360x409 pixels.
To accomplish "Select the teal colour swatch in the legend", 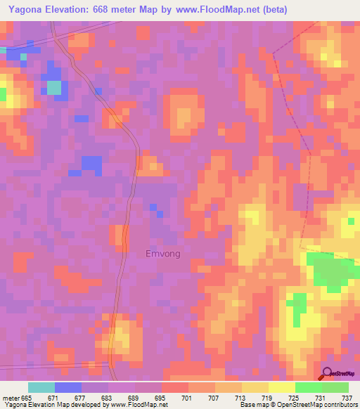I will (41, 387).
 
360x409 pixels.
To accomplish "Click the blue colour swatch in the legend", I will (68, 387).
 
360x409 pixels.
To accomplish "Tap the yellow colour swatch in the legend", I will (281, 387).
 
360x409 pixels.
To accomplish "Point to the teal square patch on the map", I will (54, 88).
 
